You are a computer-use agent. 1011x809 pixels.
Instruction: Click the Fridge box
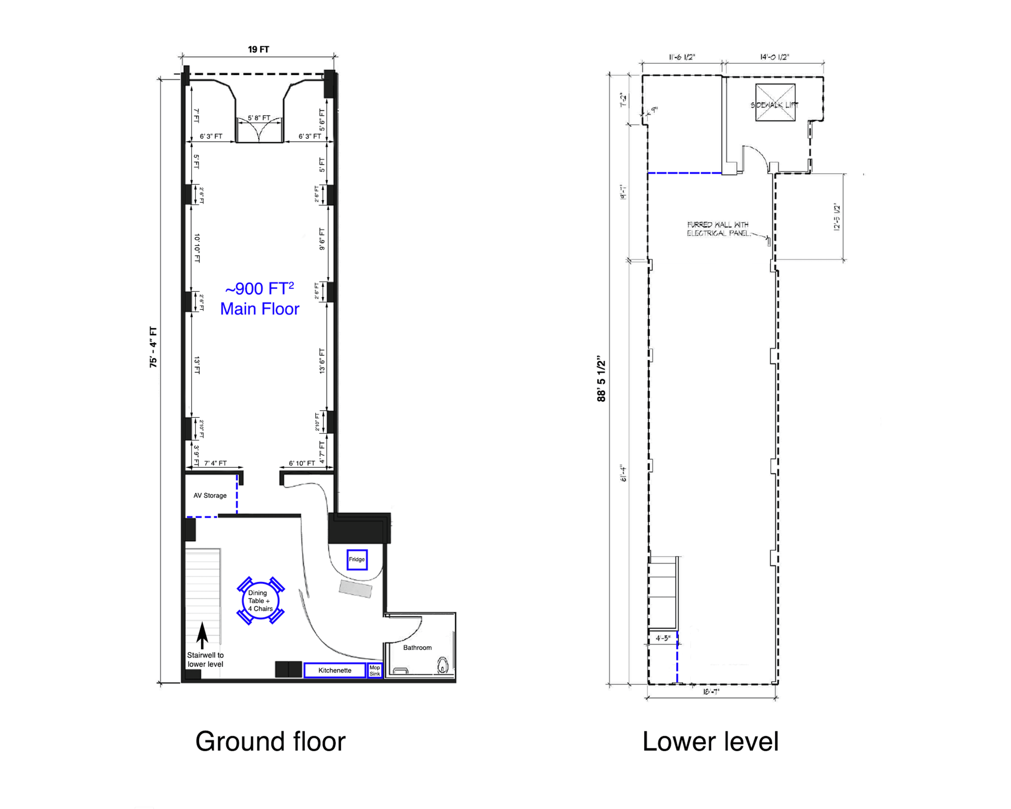tap(357, 560)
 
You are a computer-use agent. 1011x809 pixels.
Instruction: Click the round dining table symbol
tap(261, 601)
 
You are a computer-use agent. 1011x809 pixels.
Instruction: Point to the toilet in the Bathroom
tap(442, 665)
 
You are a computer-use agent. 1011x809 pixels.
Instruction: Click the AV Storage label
tap(210, 496)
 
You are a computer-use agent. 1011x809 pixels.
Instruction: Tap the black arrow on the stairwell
tap(202, 635)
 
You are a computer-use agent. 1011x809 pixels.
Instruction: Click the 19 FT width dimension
tap(258, 49)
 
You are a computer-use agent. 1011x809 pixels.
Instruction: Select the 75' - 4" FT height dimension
tap(153, 347)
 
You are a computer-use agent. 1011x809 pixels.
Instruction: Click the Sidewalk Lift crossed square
tap(775, 102)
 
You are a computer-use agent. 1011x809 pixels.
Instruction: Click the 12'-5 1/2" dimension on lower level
tap(837, 217)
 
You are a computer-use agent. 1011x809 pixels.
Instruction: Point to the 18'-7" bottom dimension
tap(711, 692)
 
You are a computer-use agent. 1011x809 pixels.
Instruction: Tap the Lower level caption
tap(710, 742)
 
